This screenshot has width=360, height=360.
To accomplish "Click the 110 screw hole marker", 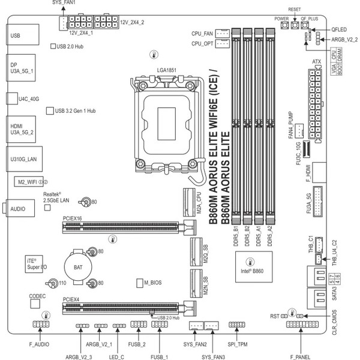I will click(62, 283).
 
